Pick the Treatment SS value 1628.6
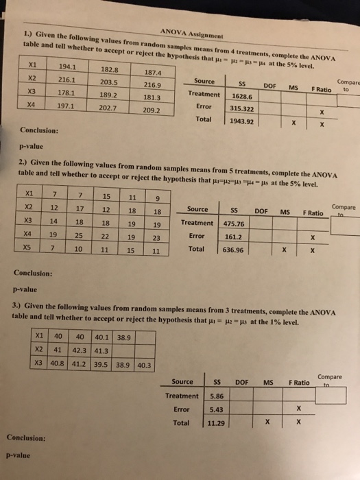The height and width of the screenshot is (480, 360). click(243, 97)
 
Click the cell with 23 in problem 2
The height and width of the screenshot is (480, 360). click(157, 237)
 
